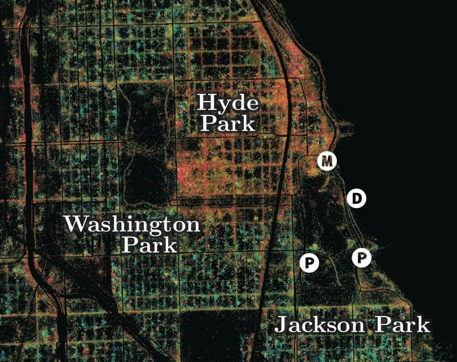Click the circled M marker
coord(327,161)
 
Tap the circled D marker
coord(356,199)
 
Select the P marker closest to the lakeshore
coord(362,257)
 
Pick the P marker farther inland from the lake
coord(309,263)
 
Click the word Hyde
coord(228,102)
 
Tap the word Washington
coord(132,225)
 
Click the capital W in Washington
coord(76,224)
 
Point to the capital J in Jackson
coord(281,325)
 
